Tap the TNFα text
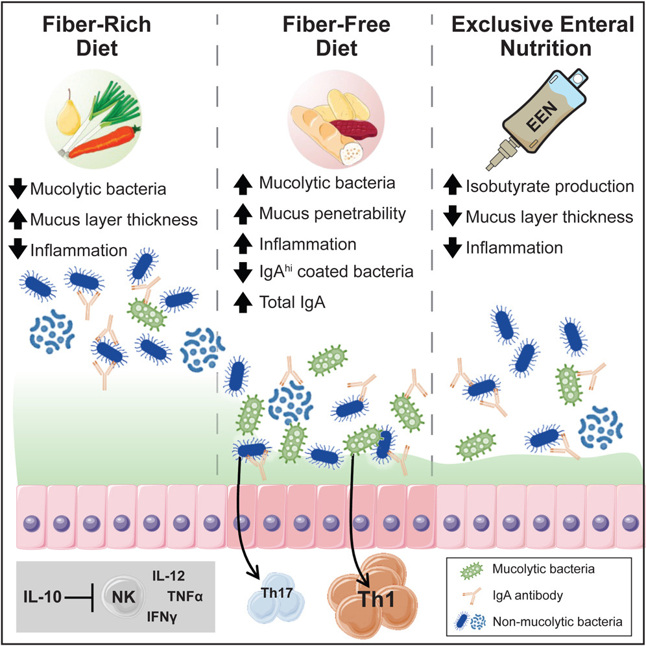pos(186,595)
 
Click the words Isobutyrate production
pos(549,187)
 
